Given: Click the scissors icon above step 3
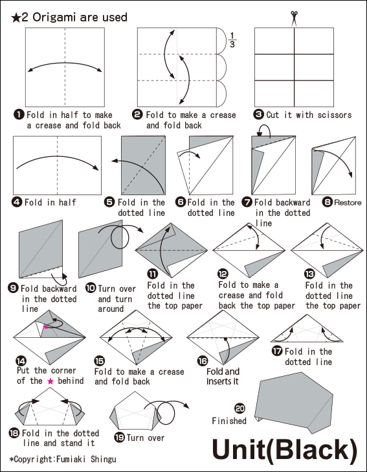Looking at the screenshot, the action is tap(294, 19).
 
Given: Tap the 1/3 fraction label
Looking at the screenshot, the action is tap(232, 40).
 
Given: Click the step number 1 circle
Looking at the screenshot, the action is tap(19, 115).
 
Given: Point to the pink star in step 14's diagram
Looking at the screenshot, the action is tap(46, 327).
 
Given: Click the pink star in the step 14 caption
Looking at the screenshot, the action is tap(50, 381).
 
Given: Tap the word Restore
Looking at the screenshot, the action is tap(348, 202).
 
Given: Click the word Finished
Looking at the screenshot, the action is tap(229, 421).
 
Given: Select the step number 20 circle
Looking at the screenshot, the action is tap(240, 408).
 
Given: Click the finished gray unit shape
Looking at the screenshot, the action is tap(295, 402).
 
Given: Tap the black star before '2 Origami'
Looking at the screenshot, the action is tap(16, 18).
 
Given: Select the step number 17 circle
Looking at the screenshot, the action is tap(276, 351).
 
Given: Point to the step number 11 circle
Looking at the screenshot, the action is tap(152, 274).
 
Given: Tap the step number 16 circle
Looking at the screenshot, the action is tap(203, 361).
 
